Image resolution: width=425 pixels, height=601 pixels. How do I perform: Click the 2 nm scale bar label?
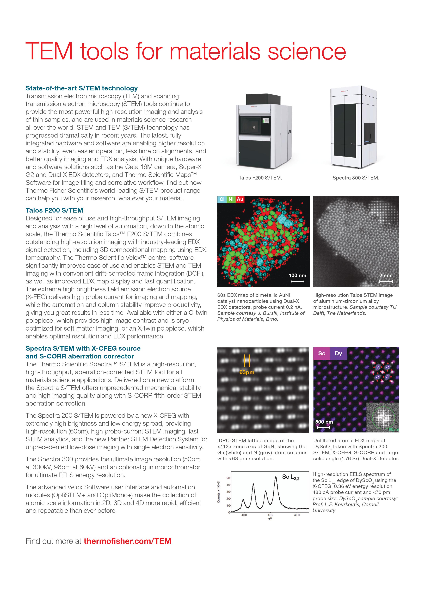(x=385, y=275)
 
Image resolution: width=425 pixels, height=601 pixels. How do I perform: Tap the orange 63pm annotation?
(x=247, y=372)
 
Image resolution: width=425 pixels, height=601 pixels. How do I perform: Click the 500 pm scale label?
(x=324, y=422)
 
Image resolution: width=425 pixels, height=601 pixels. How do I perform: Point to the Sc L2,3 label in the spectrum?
(x=291, y=477)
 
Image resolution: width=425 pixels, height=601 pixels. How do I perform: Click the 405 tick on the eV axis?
(x=270, y=515)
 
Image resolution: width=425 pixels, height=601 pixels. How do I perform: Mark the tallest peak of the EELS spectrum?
(x=275, y=477)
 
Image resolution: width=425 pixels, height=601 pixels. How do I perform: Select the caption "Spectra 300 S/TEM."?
(x=356, y=178)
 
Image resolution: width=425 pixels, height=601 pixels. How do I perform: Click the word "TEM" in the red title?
(x=49, y=51)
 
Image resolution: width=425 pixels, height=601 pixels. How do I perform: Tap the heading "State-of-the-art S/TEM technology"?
(x=81, y=88)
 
